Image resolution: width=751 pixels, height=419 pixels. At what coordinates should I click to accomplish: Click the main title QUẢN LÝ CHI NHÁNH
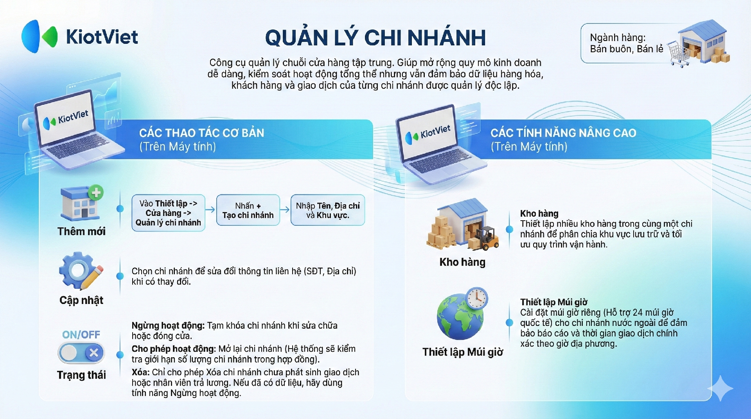pyautogui.click(x=375, y=38)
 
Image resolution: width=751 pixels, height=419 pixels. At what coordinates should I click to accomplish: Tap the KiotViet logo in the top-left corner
pyautogui.click(x=80, y=36)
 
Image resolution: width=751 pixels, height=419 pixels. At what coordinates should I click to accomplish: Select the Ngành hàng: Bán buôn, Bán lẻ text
pyautogui.click(x=626, y=43)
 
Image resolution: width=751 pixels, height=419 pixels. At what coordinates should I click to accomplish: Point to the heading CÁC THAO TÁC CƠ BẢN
pyautogui.click(x=201, y=133)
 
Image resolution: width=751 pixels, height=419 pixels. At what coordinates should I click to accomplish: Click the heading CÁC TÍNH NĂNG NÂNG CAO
pyautogui.click(x=563, y=133)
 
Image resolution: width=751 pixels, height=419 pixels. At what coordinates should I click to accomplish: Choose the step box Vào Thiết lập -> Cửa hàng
pyautogui.click(x=169, y=213)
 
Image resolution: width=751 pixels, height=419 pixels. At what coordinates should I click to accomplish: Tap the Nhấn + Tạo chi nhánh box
pyautogui.click(x=248, y=210)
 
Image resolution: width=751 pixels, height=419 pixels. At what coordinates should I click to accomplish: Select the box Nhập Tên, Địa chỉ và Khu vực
pyautogui.click(x=328, y=210)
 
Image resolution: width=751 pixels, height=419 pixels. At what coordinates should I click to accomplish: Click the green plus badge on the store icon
pyautogui.click(x=96, y=192)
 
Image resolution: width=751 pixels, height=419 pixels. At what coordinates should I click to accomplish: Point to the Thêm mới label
pyautogui.click(x=81, y=231)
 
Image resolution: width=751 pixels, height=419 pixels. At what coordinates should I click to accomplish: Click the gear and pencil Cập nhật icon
pyautogui.click(x=81, y=271)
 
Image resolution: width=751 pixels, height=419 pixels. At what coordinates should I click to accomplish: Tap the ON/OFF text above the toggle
pyautogui.click(x=81, y=334)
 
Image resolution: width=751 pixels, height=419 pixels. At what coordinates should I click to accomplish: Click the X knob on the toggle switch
pyautogui.click(x=94, y=353)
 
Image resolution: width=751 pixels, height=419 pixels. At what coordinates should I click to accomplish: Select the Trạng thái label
pyautogui.click(x=81, y=375)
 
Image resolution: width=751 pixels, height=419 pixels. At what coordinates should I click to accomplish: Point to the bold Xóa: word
pyautogui.click(x=140, y=372)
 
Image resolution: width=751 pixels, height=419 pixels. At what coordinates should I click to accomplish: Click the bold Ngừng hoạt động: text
pyautogui.click(x=168, y=325)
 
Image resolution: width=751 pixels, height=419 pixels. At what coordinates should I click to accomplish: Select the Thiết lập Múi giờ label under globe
pyautogui.click(x=463, y=352)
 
